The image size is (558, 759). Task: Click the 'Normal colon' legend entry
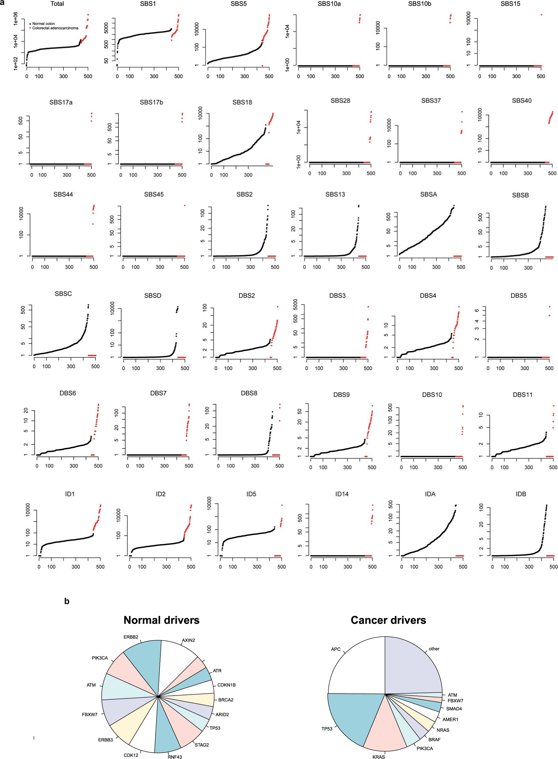tap(43, 24)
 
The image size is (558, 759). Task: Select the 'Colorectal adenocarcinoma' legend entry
tap(55, 28)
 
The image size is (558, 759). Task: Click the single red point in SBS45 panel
tap(184, 205)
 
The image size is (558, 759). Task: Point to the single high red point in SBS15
tap(541, 15)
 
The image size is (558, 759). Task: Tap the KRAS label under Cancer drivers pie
tap(378, 757)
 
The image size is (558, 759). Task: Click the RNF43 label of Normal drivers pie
tap(175, 757)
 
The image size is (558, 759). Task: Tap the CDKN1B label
tap(226, 685)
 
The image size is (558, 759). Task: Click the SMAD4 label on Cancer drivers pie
tap(454, 709)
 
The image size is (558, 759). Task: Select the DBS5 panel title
tap(518, 296)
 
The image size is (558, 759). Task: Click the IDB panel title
tap(521, 494)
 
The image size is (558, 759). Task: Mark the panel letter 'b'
tap(67, 601)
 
